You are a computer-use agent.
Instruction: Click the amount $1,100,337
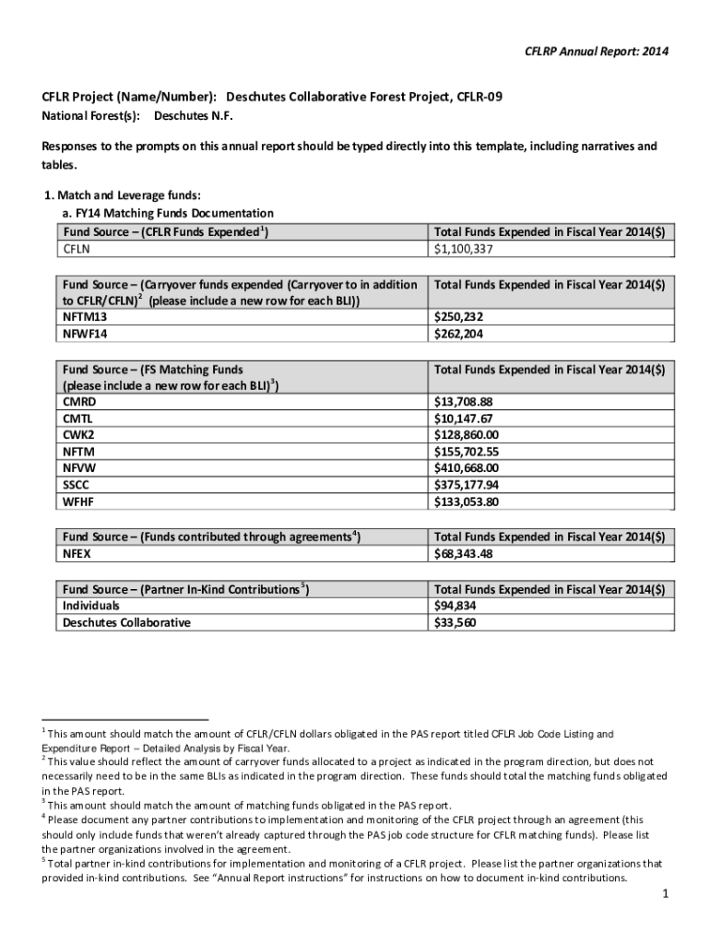click(x=464, y=249)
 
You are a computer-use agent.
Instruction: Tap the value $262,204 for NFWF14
click(x=458, y=335)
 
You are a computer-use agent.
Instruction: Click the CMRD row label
click(x=79, y=403)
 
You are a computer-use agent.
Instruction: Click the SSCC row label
click(x=77, y=486)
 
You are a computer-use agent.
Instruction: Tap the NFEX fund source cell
click(x=77, y=554)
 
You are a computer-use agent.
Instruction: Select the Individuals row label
click(x=90, y=606)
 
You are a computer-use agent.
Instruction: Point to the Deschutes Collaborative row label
click(x=126, y=622)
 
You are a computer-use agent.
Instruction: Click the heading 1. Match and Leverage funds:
click(x=122, y=195)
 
